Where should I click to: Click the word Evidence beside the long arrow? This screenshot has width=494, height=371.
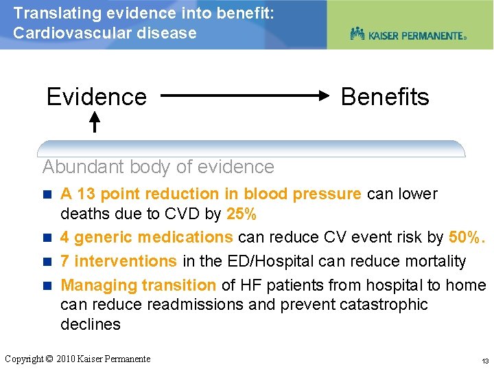pyautogui.click(x=96, y=97)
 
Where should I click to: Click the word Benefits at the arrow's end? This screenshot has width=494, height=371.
pyautogui.click(x=384, y=97)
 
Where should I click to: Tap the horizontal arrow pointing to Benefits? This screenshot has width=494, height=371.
pyautogui.click(x=247, y=98)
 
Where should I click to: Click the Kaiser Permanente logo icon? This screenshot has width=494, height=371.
pyautogui.click(x=357, y=33)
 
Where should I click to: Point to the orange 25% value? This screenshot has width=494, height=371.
pyautogui.click(x=241, y=214)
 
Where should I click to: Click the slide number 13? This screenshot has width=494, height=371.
pyautogui.click(x=485, y=361)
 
